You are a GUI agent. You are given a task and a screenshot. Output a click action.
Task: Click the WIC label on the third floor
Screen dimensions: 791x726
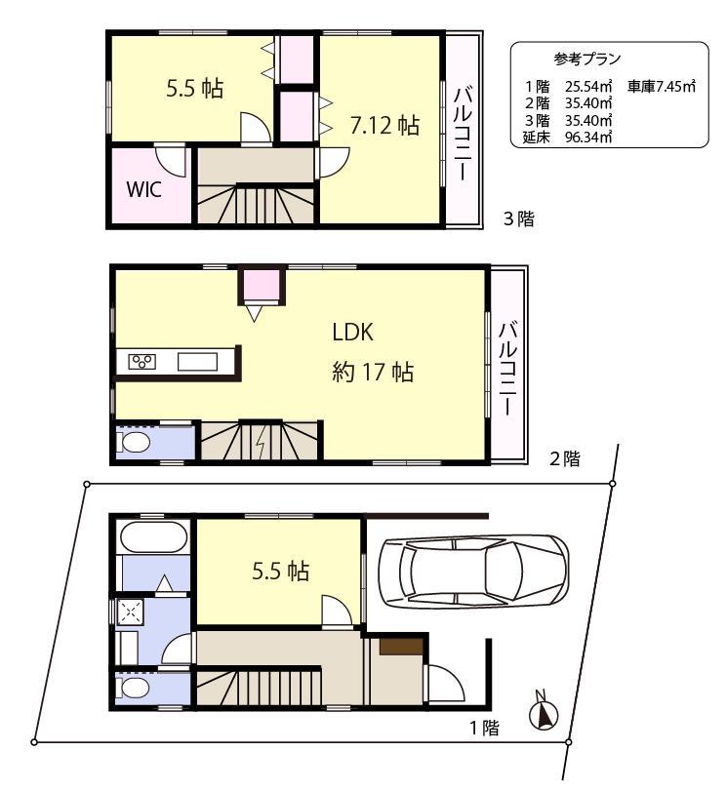143,188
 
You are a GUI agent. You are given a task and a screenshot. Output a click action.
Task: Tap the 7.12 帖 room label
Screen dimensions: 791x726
384,125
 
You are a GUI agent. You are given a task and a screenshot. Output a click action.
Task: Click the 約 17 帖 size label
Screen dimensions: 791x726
372,373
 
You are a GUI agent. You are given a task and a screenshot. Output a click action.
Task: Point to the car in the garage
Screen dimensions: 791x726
472,573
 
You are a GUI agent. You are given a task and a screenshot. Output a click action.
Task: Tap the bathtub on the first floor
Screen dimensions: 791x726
151,537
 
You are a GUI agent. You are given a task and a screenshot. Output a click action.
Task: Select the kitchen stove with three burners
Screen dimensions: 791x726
142,362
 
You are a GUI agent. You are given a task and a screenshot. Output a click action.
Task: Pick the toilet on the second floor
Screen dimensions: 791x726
136,444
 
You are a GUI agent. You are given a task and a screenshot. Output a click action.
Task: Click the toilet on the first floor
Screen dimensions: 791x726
136,688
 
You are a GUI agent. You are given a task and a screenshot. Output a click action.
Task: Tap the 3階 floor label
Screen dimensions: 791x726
518,218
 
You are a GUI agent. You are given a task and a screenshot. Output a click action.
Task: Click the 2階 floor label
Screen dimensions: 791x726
564,458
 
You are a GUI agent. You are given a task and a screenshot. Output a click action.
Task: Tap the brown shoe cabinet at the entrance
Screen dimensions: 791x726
401,646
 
